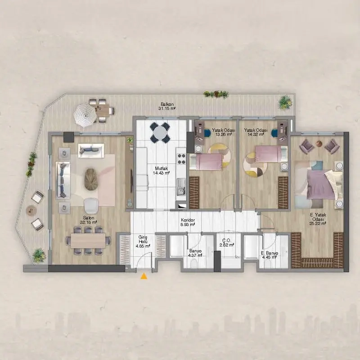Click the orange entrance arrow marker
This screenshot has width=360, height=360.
[x=144, y=276]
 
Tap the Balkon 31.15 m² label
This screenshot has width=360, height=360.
[x=167, y=106]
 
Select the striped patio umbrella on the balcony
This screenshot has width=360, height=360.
[x=85, y=116]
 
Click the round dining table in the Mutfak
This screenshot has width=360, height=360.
[x=160, y=132]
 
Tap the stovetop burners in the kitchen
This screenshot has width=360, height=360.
[x=181, y=159]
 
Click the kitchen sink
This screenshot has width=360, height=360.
[x=181, y=186]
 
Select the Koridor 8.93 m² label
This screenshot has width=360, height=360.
[x=188, y=222]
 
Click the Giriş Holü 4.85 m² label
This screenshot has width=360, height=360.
[x=143, y=241]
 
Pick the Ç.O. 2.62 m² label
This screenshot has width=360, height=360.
[x=227, y=243]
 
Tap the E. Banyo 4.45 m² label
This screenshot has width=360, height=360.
[x=270, y=255]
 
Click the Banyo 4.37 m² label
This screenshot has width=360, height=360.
[x=195, y=253]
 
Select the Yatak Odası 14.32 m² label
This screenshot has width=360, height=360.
[x=256, y=132]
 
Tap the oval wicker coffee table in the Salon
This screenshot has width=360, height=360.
[x=91, y=179]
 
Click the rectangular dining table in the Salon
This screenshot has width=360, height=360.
[x=88, y=241]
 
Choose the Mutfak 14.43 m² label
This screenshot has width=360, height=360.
[x=161, y=171]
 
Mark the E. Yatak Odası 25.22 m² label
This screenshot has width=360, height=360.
[x=318, y=219]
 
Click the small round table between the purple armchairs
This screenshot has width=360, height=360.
[x=319, y=143]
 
